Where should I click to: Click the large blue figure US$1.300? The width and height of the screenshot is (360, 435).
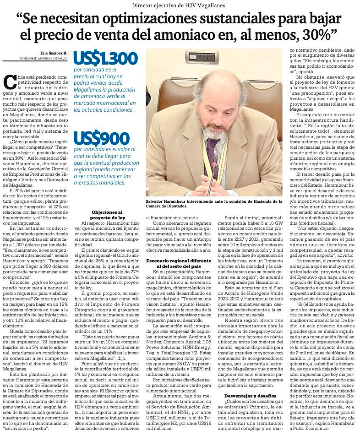click(x=106, y=59)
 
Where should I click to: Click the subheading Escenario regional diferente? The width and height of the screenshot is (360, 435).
click(x=180, y=263)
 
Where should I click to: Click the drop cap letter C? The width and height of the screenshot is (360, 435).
click(x=9, y=82)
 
